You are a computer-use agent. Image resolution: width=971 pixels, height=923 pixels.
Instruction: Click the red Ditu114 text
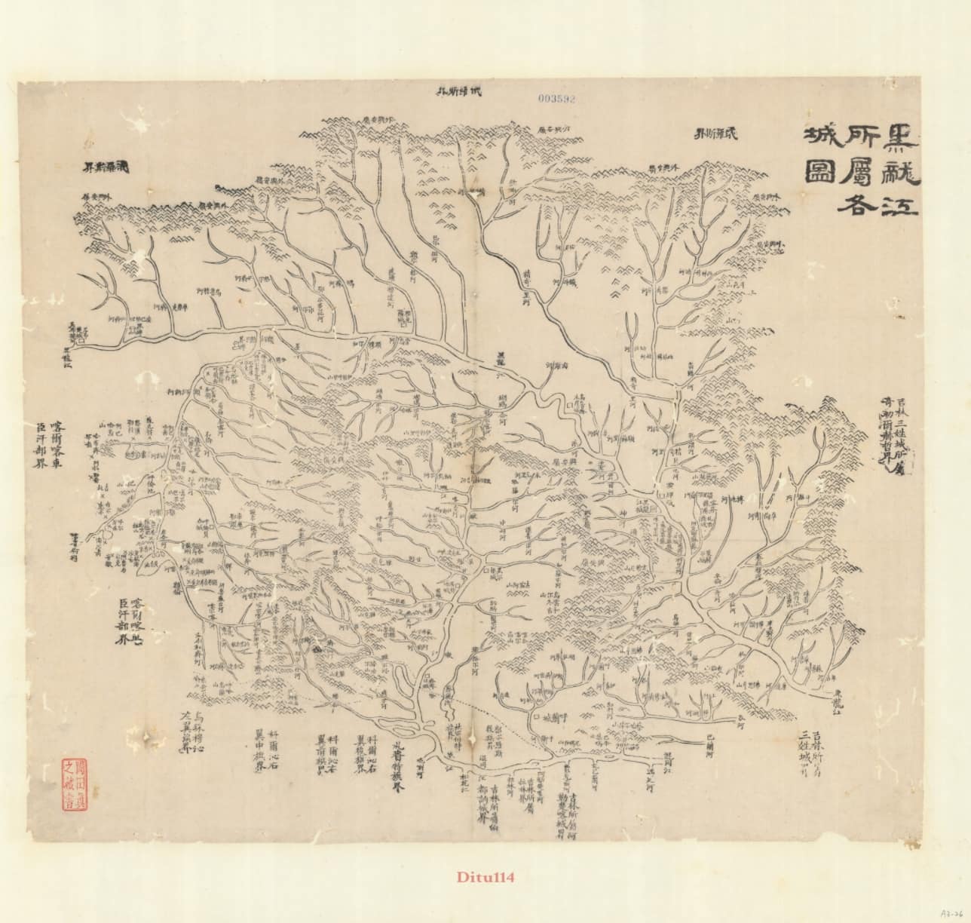485,877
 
